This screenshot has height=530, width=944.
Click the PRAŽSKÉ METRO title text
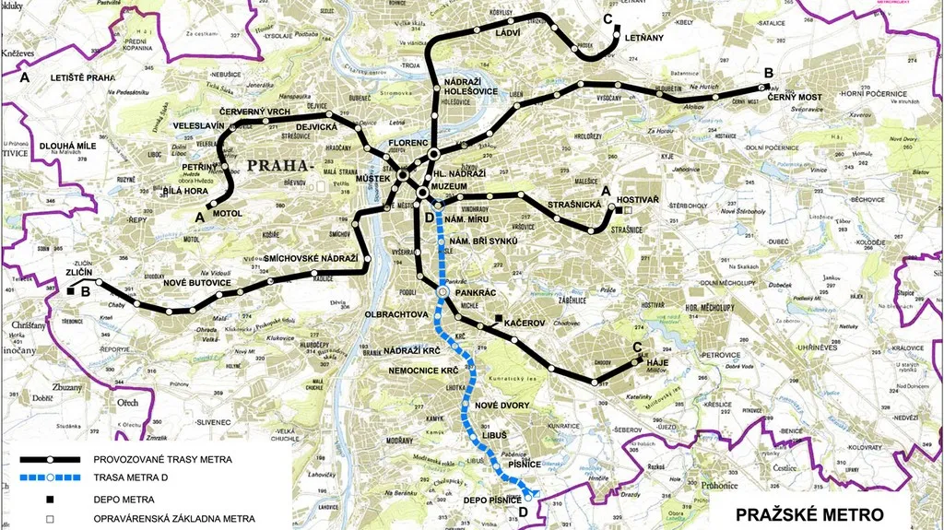pos(804,513)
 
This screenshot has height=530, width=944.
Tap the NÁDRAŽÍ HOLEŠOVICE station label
pos(466,86)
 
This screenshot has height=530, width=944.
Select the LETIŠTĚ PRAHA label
pos(83,78)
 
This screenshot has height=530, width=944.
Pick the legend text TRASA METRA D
pos(136,477)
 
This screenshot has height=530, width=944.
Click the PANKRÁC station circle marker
pos(442,292)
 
